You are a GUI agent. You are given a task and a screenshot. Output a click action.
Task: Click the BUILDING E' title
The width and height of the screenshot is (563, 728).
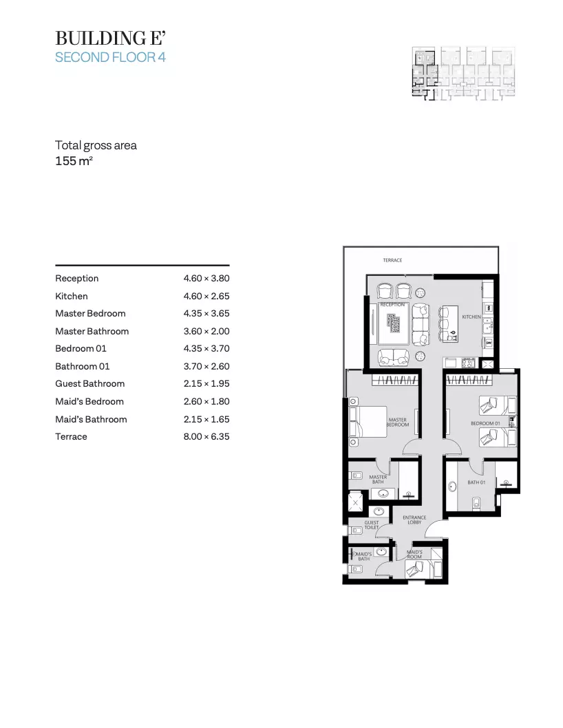point(110,38)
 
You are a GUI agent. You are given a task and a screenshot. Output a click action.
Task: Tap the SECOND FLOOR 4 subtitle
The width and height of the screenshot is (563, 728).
point(110,57)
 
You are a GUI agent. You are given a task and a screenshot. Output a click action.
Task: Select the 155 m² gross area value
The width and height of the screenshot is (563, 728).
point(74,160)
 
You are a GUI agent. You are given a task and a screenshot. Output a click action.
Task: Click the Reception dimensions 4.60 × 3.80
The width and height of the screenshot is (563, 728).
point(206,278)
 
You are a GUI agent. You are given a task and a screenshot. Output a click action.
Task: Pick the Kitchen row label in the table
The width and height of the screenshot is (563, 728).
point(72,296)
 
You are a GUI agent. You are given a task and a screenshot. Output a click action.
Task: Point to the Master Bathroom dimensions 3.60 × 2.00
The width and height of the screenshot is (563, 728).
point(206,331)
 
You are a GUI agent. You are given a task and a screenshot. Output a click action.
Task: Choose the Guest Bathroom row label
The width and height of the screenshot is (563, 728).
point(90,383)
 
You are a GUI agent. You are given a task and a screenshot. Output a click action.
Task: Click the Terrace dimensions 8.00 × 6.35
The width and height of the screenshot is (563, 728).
point(206,436)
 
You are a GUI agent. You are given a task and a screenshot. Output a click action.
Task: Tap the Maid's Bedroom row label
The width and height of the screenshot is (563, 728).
point(89,401)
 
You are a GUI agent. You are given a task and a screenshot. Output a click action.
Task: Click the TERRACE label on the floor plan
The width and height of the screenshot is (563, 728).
point(392,260)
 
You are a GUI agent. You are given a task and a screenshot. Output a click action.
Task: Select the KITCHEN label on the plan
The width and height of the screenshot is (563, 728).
point(471,317)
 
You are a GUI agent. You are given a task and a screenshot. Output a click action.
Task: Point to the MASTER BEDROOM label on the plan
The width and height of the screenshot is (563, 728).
point(398,422)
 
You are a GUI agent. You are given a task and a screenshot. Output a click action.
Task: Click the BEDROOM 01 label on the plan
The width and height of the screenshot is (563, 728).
point(485,423)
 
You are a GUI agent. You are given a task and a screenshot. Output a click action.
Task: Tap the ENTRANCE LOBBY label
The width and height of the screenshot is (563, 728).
point(414,520)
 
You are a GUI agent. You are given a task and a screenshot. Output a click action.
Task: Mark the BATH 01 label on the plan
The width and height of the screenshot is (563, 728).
point(476,482)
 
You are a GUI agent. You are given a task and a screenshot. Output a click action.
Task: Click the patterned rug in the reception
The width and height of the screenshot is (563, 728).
point(394,323)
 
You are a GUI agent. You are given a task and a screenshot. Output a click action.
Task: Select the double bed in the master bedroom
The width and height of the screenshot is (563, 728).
point(368,422)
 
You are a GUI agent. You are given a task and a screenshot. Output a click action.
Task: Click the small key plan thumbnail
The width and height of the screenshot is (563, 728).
point(464,74)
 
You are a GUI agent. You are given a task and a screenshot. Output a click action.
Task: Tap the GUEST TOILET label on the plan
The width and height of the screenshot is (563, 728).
point(372,524)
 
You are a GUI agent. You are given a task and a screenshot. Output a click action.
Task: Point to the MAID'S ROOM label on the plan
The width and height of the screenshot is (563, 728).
point(414,555)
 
